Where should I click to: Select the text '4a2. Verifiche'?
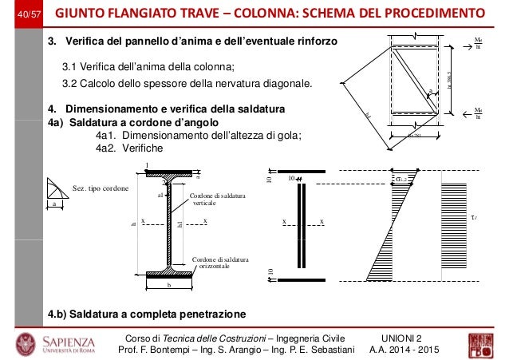click(x=128, y=148)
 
